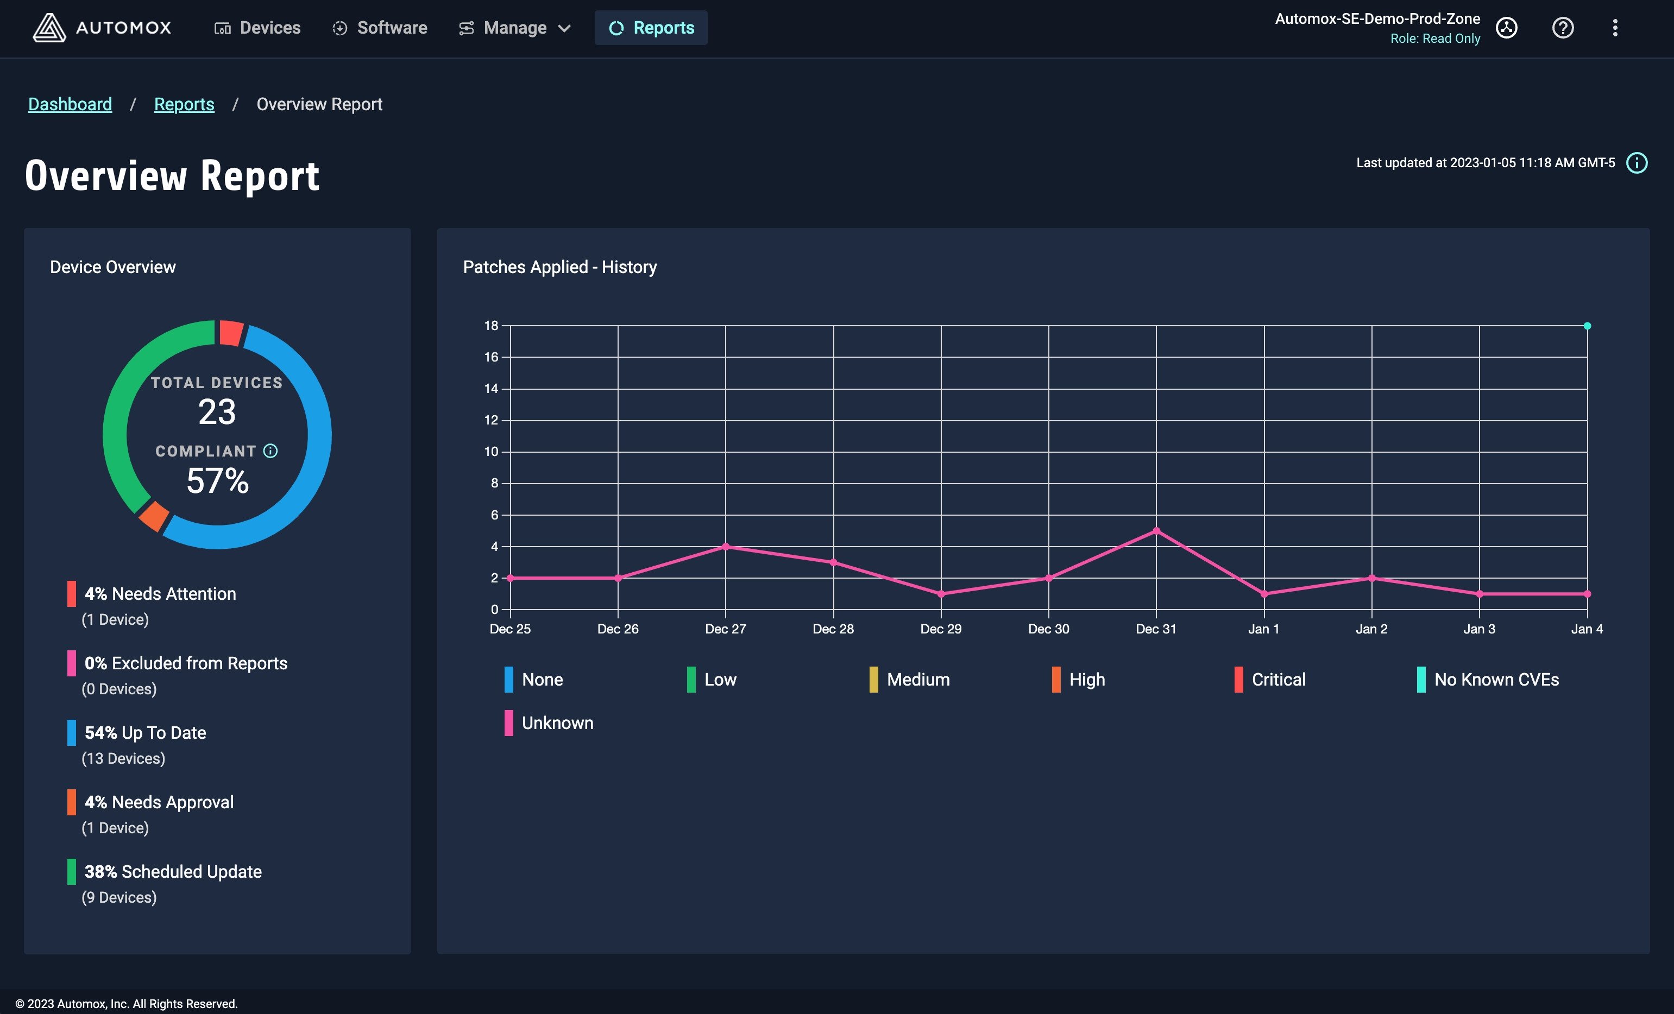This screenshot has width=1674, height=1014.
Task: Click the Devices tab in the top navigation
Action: coord(257,28)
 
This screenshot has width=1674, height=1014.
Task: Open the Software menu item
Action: coord(379,28)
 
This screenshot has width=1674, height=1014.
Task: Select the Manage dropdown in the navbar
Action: coord(514,28)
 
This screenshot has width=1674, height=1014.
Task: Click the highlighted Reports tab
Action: coord(651,28)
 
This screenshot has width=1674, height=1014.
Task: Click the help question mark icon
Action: coord(1563,28)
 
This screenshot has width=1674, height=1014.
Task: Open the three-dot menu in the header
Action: coord(1615,28)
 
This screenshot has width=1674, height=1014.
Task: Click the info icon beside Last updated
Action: coord(1637,163)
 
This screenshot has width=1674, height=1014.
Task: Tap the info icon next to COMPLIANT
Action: coord(270,451)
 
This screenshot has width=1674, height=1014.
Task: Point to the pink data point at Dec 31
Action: coord(1156,531)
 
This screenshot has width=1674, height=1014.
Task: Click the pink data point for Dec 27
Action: coord(726,547)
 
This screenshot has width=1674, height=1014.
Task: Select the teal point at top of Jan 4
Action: coord(1587,326)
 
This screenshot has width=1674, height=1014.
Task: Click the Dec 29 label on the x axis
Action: coord(941,629)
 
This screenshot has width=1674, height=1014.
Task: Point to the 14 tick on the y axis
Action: coord(491,389)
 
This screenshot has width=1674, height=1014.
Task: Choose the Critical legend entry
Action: coord(1270,679)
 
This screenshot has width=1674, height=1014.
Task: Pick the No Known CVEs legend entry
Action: coord(1488,679)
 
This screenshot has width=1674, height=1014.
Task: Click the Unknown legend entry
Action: coord(549,723)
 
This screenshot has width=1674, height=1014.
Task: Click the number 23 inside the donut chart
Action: coord(217,411)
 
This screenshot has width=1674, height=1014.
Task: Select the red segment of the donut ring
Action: coord(231,333)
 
